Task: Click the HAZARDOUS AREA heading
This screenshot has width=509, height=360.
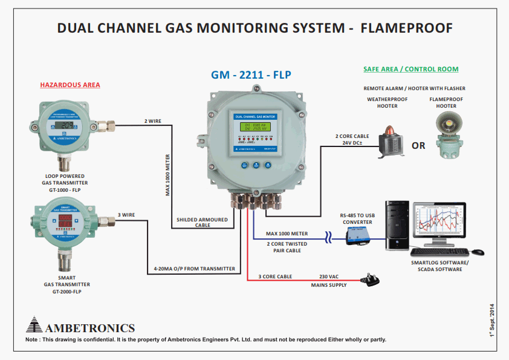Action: tap(70, 85)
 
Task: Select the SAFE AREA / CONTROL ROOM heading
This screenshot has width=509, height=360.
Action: tap(410, 69)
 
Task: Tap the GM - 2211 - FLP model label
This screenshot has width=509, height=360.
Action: tap(251, 76)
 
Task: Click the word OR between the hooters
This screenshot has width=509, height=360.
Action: tap(418, 146)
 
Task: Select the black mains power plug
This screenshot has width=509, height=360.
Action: tap(369, 279)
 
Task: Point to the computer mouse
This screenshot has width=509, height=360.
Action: tap(478, 252)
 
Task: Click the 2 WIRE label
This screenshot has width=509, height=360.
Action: tap(154, 121)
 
